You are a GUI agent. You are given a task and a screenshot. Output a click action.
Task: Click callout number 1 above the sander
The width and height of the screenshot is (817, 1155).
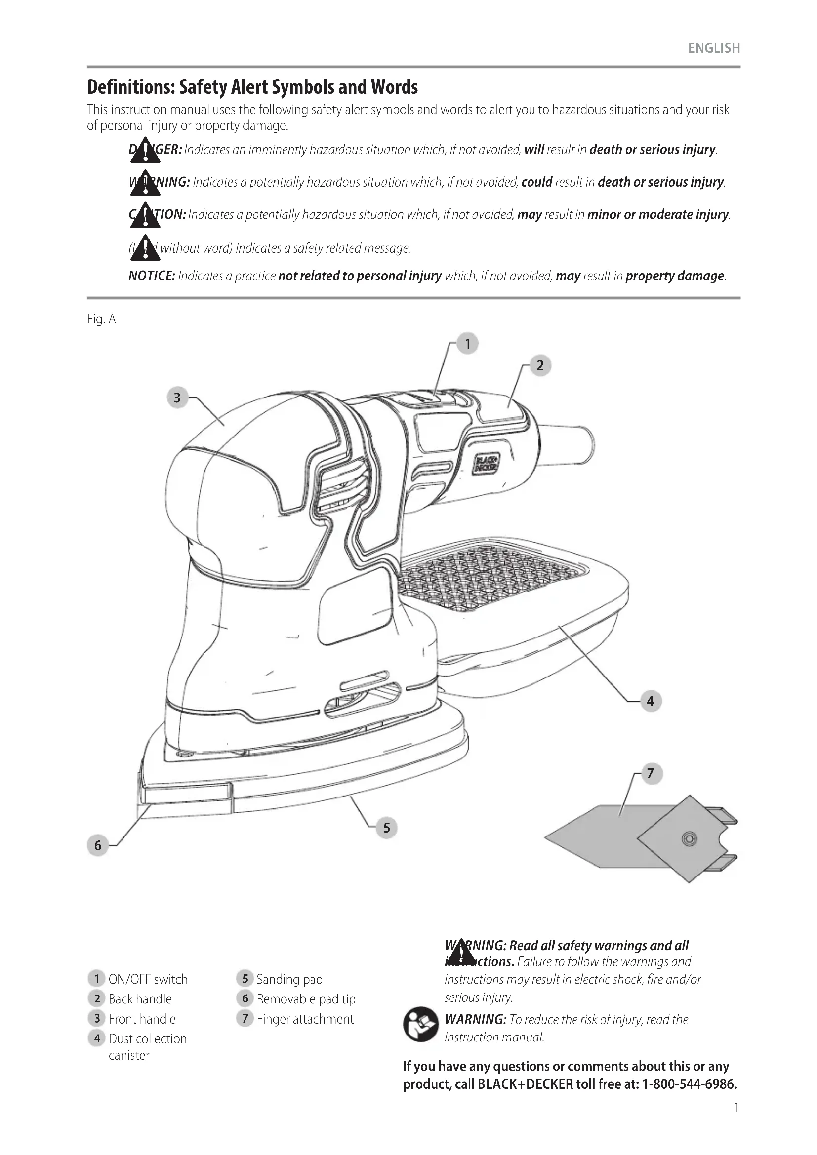click(467, 344)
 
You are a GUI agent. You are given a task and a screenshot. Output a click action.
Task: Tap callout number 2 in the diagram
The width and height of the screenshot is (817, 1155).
click(540, 365)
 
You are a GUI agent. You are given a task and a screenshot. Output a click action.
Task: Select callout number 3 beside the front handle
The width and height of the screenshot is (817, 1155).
click(177, 398)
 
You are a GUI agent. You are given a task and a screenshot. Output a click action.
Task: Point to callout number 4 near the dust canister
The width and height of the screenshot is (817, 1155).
click(650, 701)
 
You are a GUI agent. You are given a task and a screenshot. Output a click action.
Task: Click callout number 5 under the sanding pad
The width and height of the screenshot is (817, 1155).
click(386, 828)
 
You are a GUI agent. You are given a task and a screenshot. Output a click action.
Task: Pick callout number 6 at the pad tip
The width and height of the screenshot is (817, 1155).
click(98, 845)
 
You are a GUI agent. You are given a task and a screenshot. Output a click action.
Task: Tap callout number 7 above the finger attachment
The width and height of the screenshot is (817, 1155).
click(650, 773)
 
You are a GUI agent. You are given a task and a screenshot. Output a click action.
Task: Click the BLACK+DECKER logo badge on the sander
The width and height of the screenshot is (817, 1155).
click(486, 463)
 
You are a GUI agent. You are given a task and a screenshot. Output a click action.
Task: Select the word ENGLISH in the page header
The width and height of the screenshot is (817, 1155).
click(714, 48)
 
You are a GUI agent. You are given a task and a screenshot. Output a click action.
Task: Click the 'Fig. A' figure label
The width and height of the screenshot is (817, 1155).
click(101, 319)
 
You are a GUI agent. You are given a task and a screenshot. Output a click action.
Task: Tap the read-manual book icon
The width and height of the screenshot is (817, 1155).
click(420, 1024)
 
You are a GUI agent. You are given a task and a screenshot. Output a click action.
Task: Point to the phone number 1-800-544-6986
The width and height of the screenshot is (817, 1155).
click(690, 1084)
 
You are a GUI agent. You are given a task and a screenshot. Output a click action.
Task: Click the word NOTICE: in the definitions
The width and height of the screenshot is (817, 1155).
click(152, 276)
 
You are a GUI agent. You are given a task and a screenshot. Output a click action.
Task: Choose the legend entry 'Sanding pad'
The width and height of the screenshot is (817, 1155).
click(289, 979)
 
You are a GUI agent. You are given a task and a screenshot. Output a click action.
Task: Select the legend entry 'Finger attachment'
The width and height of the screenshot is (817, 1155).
click(305, 1019)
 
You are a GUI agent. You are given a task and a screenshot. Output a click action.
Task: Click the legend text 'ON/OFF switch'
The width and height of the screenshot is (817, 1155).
click(148, 979)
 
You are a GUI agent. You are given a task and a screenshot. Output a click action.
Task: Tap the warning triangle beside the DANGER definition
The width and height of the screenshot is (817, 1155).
click(145, 151)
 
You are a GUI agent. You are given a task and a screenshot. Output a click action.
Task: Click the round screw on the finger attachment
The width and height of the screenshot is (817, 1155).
click(689, 838)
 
